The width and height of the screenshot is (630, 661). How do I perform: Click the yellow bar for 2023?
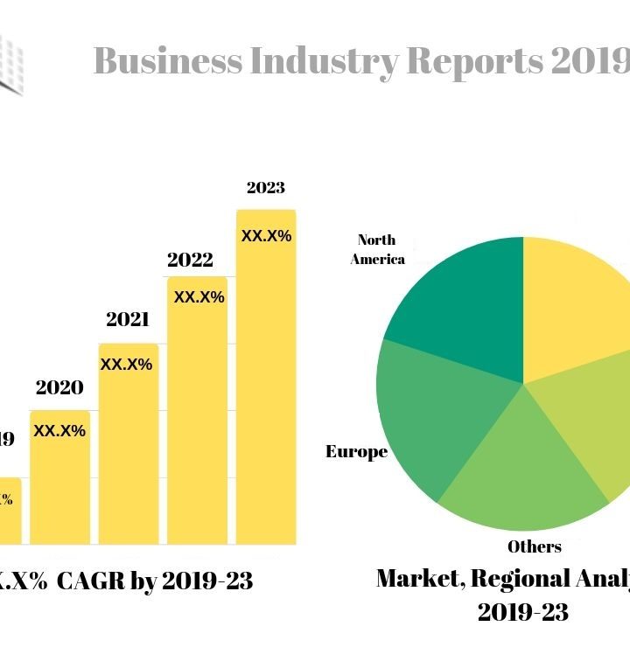click(x=266, y=385)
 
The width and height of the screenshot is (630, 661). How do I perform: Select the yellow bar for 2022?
click(x=197, y=420)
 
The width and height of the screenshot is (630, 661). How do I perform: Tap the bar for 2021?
click(x=128, y=450)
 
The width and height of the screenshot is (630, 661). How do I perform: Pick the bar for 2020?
click(x=59, y=481)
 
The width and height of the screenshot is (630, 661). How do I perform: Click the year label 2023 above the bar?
click(x=266, y=187)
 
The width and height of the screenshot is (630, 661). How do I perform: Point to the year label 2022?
click(x=190, y=260)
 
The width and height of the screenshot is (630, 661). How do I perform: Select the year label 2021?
click(x=128, y=319)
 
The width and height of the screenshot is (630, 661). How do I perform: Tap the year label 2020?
click(x=59, y=387)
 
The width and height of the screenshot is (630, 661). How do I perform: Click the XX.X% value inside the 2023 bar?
click(x=266, y=235)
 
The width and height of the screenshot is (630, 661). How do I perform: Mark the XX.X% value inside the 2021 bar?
click(x=126, y=364)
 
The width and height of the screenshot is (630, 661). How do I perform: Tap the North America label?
click(x=377, y=249)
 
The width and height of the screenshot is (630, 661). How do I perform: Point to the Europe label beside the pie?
click(x=356, y=452)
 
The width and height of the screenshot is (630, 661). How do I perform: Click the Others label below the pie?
click(x=535, y=546)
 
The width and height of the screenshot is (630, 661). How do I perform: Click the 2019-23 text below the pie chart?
click(x=522, y=612)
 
